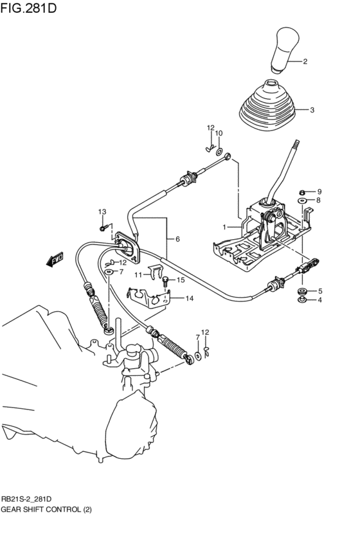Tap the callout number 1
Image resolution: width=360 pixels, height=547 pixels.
tap(225, 227)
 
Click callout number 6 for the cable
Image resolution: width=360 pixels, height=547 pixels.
tap(178, 239)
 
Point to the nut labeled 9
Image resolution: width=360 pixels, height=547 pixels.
tap(303, 192)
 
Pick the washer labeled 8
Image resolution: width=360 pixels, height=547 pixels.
tap(302, 201)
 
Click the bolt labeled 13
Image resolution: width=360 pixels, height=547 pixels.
tap(102, 227)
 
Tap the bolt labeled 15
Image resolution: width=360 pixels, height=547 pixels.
tap(166, 280)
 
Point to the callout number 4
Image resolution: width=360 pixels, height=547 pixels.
tap(319, 300)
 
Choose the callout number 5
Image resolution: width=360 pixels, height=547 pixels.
tap(319, 291)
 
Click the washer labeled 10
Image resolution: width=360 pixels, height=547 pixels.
tap(220, 152)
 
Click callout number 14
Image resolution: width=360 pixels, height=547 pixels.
tap(189, 298)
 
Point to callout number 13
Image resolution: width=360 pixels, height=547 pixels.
tap(102, 212)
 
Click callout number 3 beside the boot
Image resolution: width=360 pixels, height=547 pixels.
tap(312, 110)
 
